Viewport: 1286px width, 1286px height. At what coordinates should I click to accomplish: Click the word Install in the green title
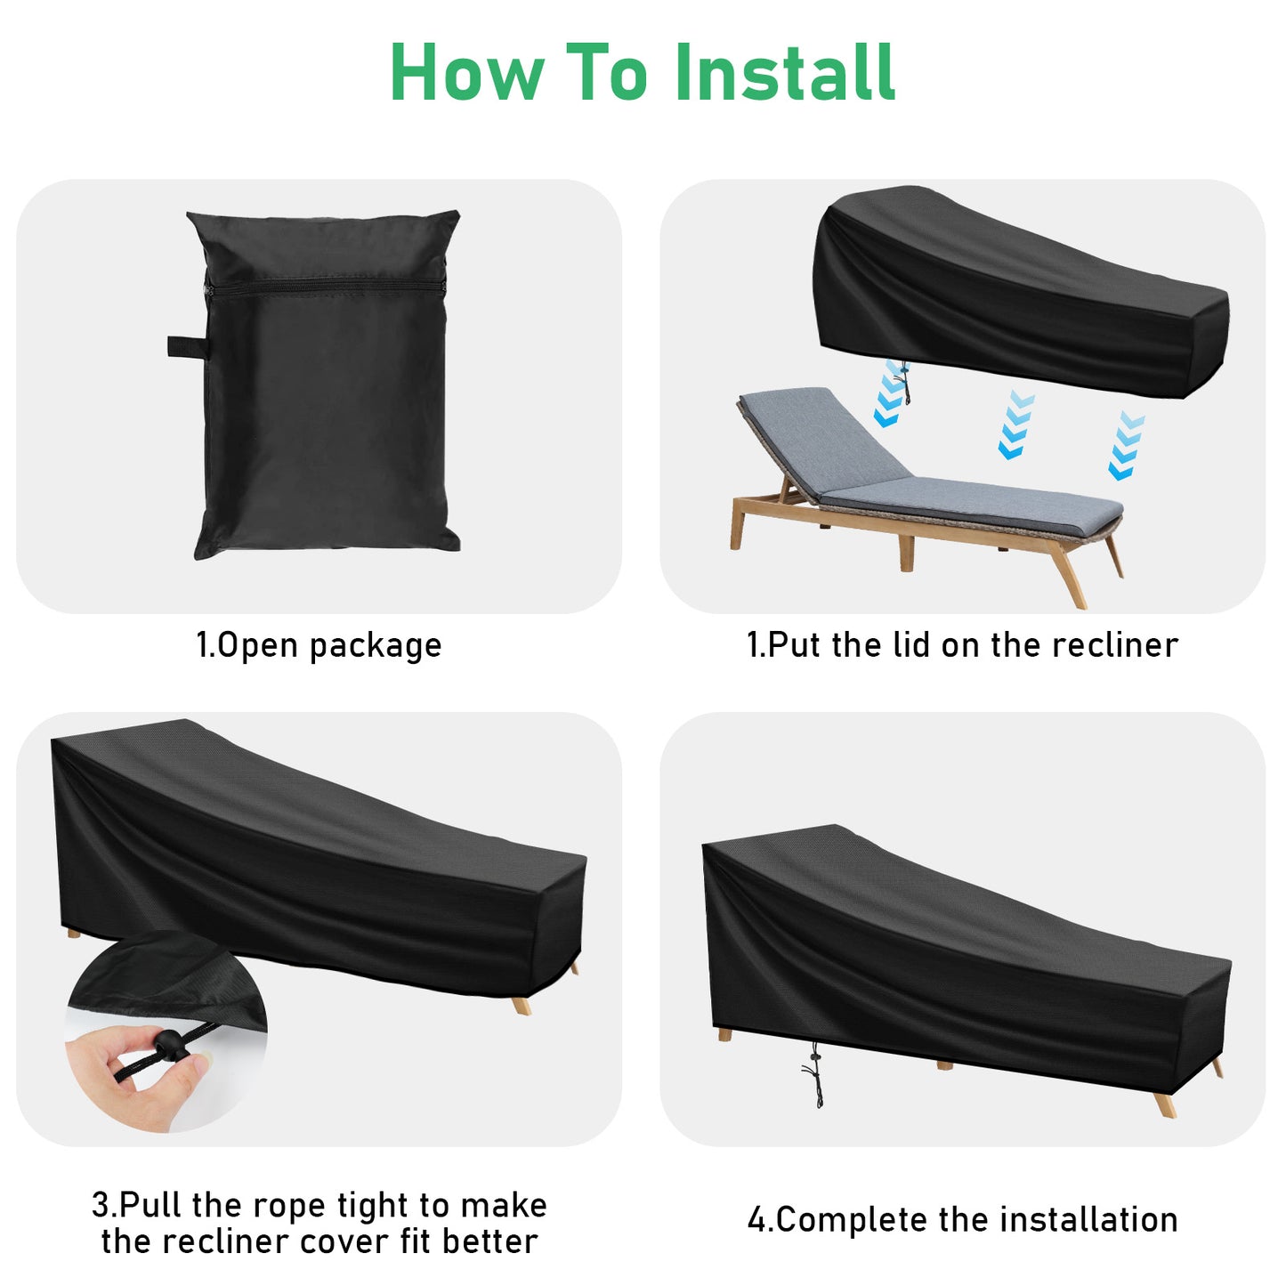click(784, 73)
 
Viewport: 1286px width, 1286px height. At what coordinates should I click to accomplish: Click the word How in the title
click(466, 73)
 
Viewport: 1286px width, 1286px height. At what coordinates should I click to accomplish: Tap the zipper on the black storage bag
click(325, 287)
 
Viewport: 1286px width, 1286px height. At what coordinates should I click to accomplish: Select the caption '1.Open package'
click(319, 645)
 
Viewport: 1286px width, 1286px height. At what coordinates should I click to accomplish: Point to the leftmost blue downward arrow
click(890, 396)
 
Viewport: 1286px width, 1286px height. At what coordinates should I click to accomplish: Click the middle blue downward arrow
click(1014, 425)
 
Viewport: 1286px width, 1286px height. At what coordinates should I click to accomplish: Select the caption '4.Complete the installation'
click(962, 1219)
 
